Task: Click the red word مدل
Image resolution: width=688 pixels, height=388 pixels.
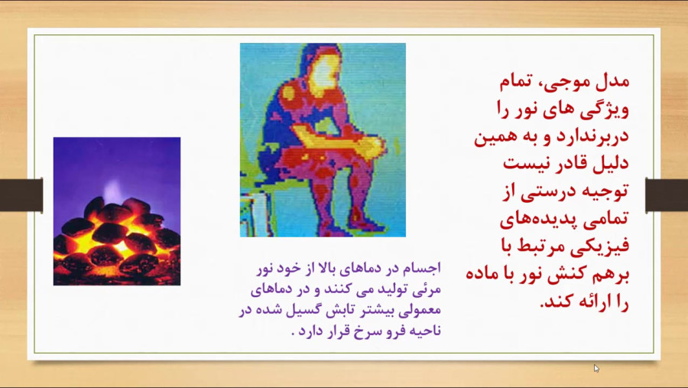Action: tap(612, 81)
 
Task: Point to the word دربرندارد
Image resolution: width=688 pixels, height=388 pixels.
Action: tap(592, 135)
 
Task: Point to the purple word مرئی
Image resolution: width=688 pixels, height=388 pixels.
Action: tap(429, 289)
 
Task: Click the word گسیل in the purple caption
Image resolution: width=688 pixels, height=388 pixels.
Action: tap(301, 310)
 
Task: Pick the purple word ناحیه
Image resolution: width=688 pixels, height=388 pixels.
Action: tap(425, 331)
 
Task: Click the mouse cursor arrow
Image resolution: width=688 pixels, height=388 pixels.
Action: tap(596, 368)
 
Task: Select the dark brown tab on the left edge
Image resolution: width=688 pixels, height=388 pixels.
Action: tap(21, 195)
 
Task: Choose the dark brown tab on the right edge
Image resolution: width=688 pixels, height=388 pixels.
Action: tap(667, 195)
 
